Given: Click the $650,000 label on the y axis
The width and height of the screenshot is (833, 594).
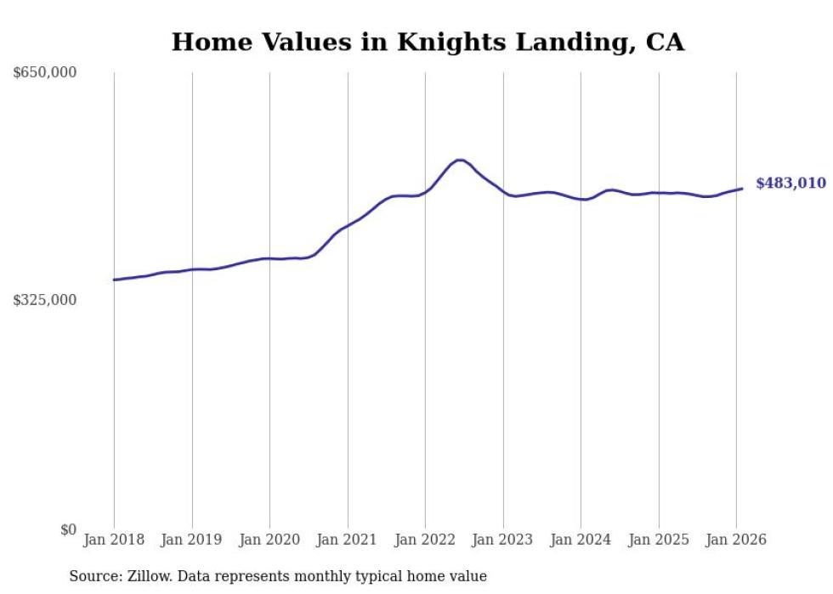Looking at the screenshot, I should coord(45,73).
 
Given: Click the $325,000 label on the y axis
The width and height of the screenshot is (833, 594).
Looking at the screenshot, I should coord(45,300).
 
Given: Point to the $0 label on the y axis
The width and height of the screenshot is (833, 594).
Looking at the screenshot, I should coord(68,529).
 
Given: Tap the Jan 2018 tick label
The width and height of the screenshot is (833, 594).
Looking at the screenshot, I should coord(114,540).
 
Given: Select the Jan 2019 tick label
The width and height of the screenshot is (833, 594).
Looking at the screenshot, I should coord(192,540).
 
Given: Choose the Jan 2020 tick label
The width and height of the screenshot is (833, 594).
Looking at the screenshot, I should coord(269,540).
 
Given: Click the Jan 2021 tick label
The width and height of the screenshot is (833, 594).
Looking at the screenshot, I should coord(348,540).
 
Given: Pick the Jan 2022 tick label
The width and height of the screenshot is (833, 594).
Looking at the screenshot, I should coord(425,540).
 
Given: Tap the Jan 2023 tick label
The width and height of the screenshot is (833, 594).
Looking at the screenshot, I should coord(503,540).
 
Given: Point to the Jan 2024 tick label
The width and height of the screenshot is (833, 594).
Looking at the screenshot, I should coord(581,540).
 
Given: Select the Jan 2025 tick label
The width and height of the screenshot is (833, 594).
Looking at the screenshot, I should coord(659,540).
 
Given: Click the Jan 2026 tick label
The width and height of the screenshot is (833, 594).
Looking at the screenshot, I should coord(736,540).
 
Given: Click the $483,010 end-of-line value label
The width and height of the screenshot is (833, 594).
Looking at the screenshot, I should coord(790,184).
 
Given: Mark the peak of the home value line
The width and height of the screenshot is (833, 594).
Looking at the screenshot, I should coord(459,160).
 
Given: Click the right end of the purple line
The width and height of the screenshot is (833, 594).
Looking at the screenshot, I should coord(742,189).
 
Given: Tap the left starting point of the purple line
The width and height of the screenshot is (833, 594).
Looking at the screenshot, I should coord(114,280).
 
